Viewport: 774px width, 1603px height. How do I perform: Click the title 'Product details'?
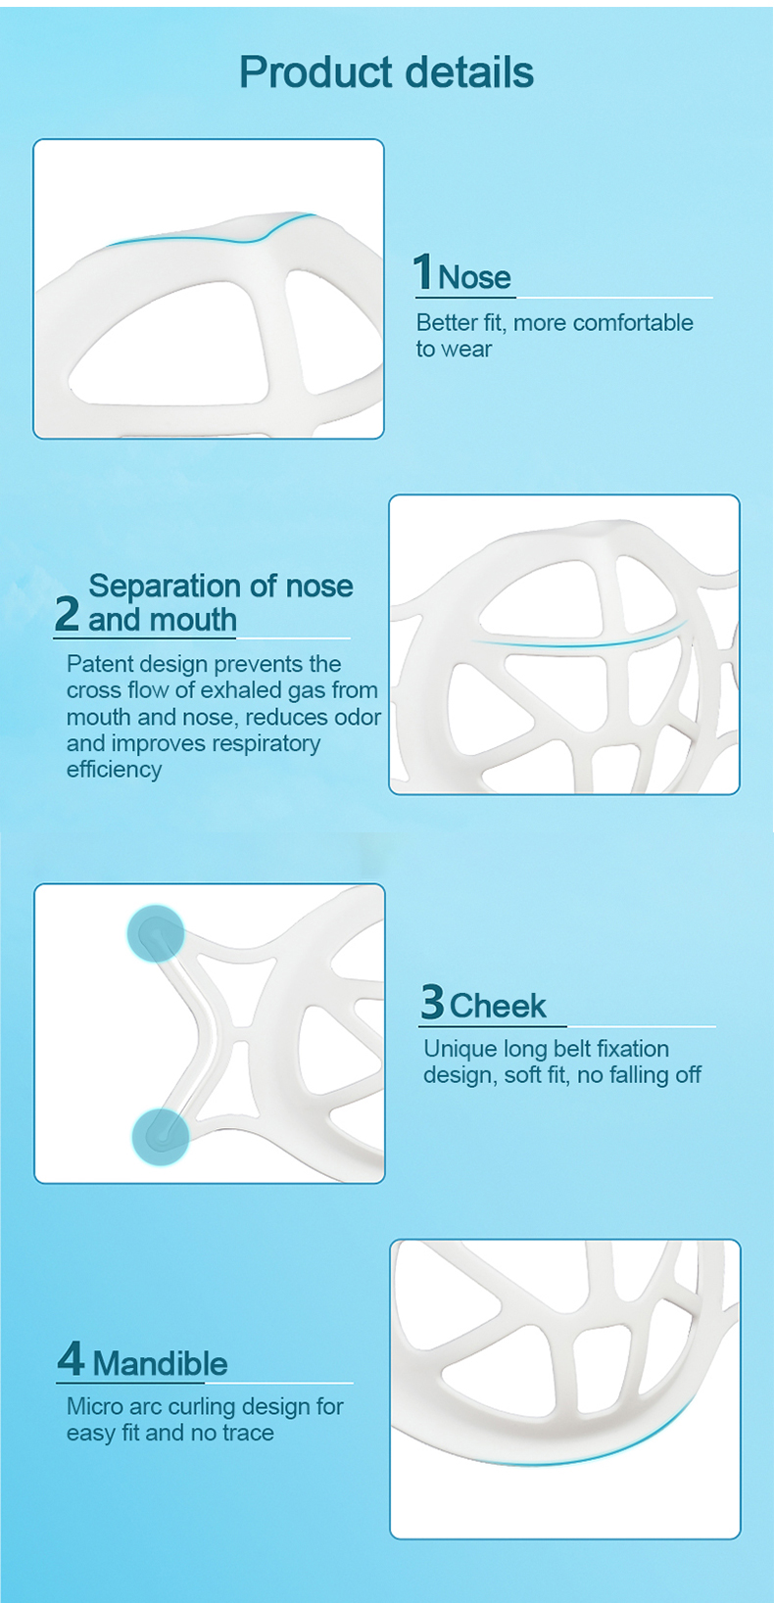point(387,72)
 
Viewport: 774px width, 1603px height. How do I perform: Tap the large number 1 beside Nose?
point(423,272)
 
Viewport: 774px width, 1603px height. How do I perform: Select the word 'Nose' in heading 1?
point(475,277)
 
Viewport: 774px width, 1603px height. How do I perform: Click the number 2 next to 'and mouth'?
point(67,614)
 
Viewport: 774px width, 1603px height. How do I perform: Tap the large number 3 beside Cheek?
point(432,1001)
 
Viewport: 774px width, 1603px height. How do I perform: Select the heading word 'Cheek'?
point(499,1006)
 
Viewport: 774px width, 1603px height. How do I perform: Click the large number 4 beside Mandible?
point(71,1358)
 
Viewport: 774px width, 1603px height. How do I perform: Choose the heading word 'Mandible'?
point(160,1363)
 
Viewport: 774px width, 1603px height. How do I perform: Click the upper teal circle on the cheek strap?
point(156,932)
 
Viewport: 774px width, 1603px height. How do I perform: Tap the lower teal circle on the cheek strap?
point(161,1137)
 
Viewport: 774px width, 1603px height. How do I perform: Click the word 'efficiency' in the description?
point(114,770)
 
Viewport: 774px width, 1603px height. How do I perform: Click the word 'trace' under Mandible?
point(247,1433)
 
